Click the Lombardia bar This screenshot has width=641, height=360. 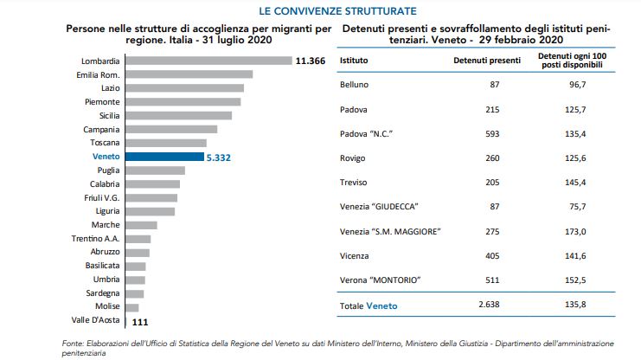pyautogui.click(x=208, y=61)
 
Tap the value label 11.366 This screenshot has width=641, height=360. pyautogui.click(x=310, y=61)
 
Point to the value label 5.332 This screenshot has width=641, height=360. pyautogui.click(x=221, y=157)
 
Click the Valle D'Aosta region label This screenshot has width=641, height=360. pyautogui.click(x=98, y=321)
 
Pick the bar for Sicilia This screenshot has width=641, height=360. pyautogui.click(x=178, y=115)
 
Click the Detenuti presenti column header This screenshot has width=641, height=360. pyautogui.click(x=487, y=62)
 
